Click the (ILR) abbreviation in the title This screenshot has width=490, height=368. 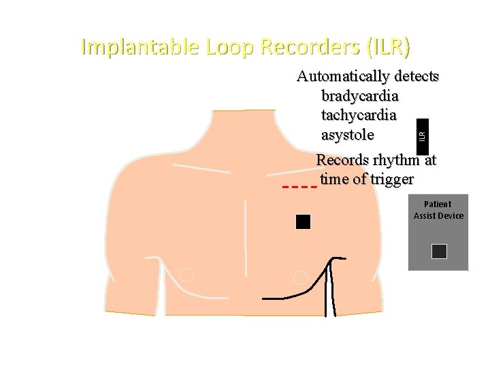(x=389, y=47)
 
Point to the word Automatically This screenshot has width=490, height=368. (x=343, y=76)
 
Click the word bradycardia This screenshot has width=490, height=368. (x=359, y=95)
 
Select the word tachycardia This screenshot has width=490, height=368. (x=359, y=115)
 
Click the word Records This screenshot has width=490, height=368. (x=344, y=161)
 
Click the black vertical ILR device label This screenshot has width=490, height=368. (x=423, y=134)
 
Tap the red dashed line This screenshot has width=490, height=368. (x=299, y=186)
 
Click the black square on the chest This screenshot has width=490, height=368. (x=303, y=221)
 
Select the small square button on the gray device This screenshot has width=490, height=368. (x=439, y=251)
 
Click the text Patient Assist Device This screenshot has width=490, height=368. (x=438, y=210)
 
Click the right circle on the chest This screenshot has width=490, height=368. (x=300, y=277)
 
